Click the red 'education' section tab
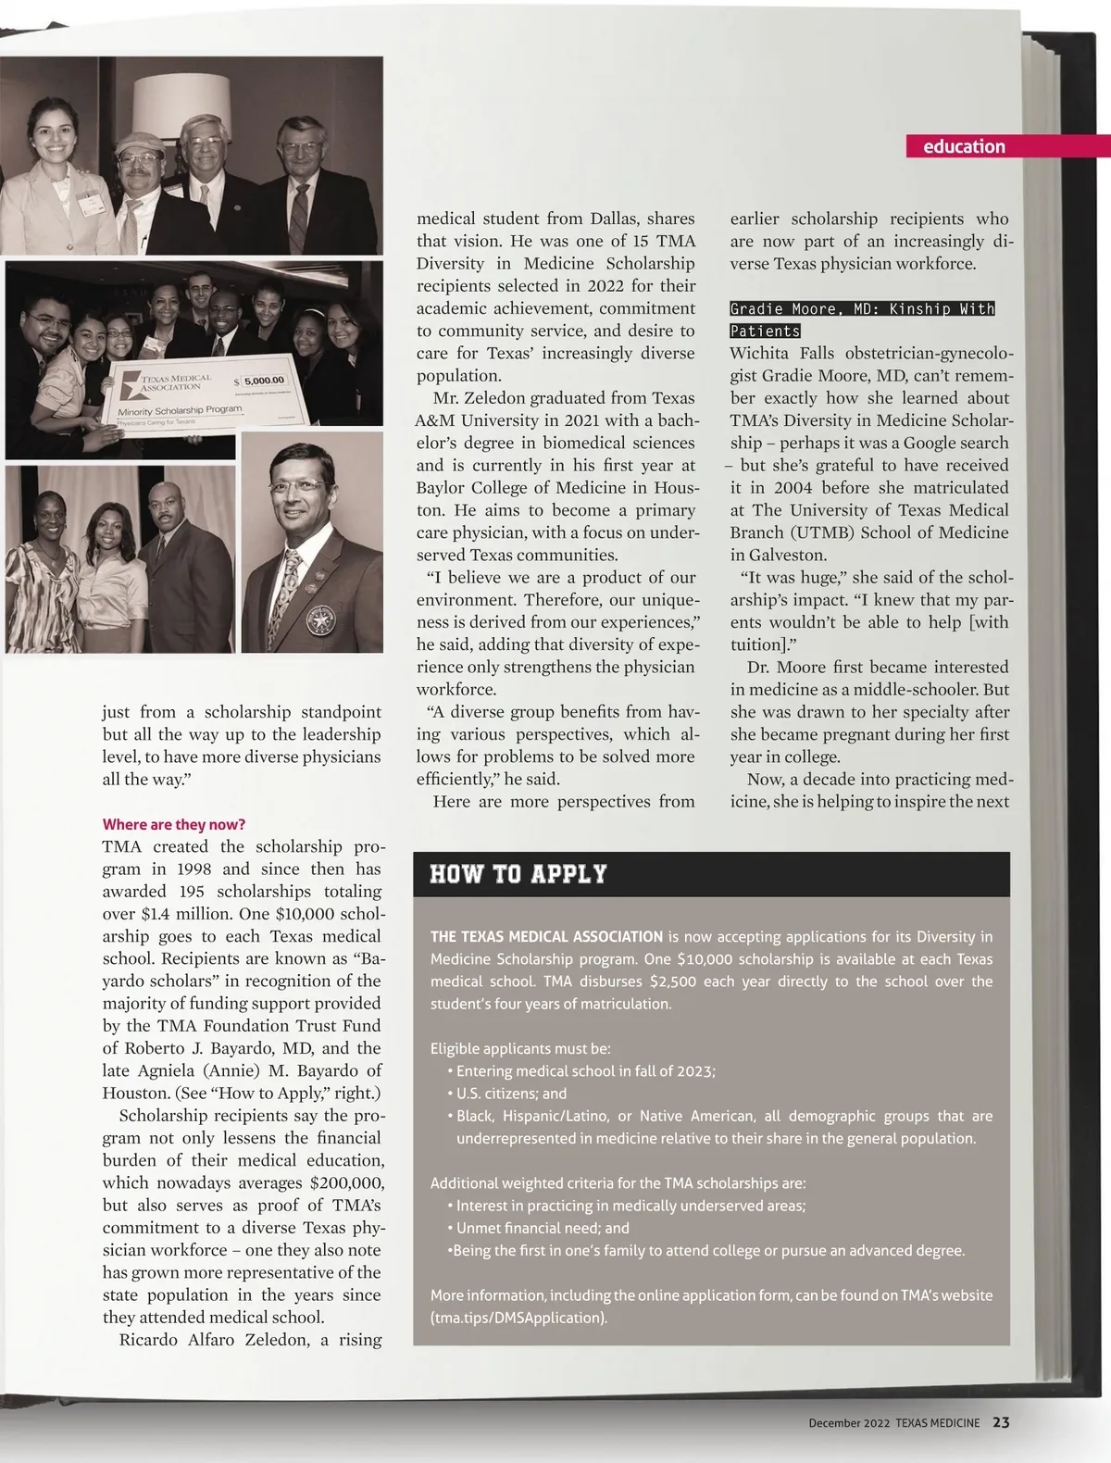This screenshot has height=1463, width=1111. coord(963,146)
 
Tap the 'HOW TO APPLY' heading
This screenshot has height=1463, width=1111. coord(518,874)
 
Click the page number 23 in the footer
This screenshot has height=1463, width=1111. coord(1001,1423)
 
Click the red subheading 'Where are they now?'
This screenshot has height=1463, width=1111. coord(174,824)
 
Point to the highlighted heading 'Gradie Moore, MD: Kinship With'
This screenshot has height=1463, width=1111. coord(862,309)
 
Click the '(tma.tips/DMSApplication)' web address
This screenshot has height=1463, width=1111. coord(518,1318)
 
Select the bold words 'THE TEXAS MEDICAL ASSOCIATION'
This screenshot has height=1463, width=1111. coord(546,936)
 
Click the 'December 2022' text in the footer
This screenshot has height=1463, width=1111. coord(848,1423)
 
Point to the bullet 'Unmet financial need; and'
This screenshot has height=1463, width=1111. coord(543,1228)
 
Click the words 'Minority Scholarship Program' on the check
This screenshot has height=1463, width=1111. coord(180,409)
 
